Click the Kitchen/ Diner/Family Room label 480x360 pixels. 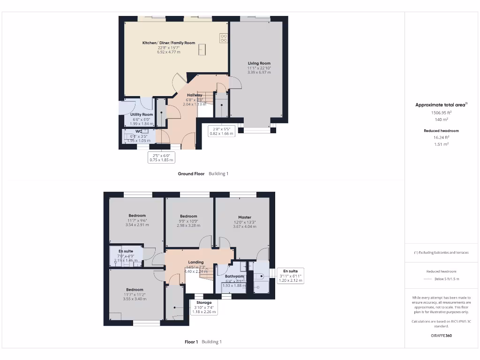[x=169, y=43]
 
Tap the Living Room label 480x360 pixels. [x=259, y=63]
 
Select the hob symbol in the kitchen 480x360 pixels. [x=224, y=38]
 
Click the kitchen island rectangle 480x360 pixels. [x=202, y=49]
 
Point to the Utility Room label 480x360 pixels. [x=142, y=115]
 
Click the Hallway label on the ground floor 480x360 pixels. [x=195, y=95]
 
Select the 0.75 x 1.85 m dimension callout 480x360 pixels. [x=161, y=157]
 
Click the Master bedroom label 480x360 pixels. [x=244, y=217]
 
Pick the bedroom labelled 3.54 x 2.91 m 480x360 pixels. [x=137, y=216]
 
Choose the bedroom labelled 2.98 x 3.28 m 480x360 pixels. [x=188, y=217]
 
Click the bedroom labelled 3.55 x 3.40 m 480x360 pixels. [x=135, y=290]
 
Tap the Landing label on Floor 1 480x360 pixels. [x=195, y=262]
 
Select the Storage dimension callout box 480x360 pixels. [x=204, y=307]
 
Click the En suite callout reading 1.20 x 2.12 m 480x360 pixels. [x=290, y=276]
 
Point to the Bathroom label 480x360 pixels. [x=234, y=277]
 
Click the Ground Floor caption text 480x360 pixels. [x=191, y=173]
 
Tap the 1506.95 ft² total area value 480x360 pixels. [x=441, y=113]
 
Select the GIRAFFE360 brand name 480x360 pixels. [x=442, y=336]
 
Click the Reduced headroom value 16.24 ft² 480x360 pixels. [x=441, y=138]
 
